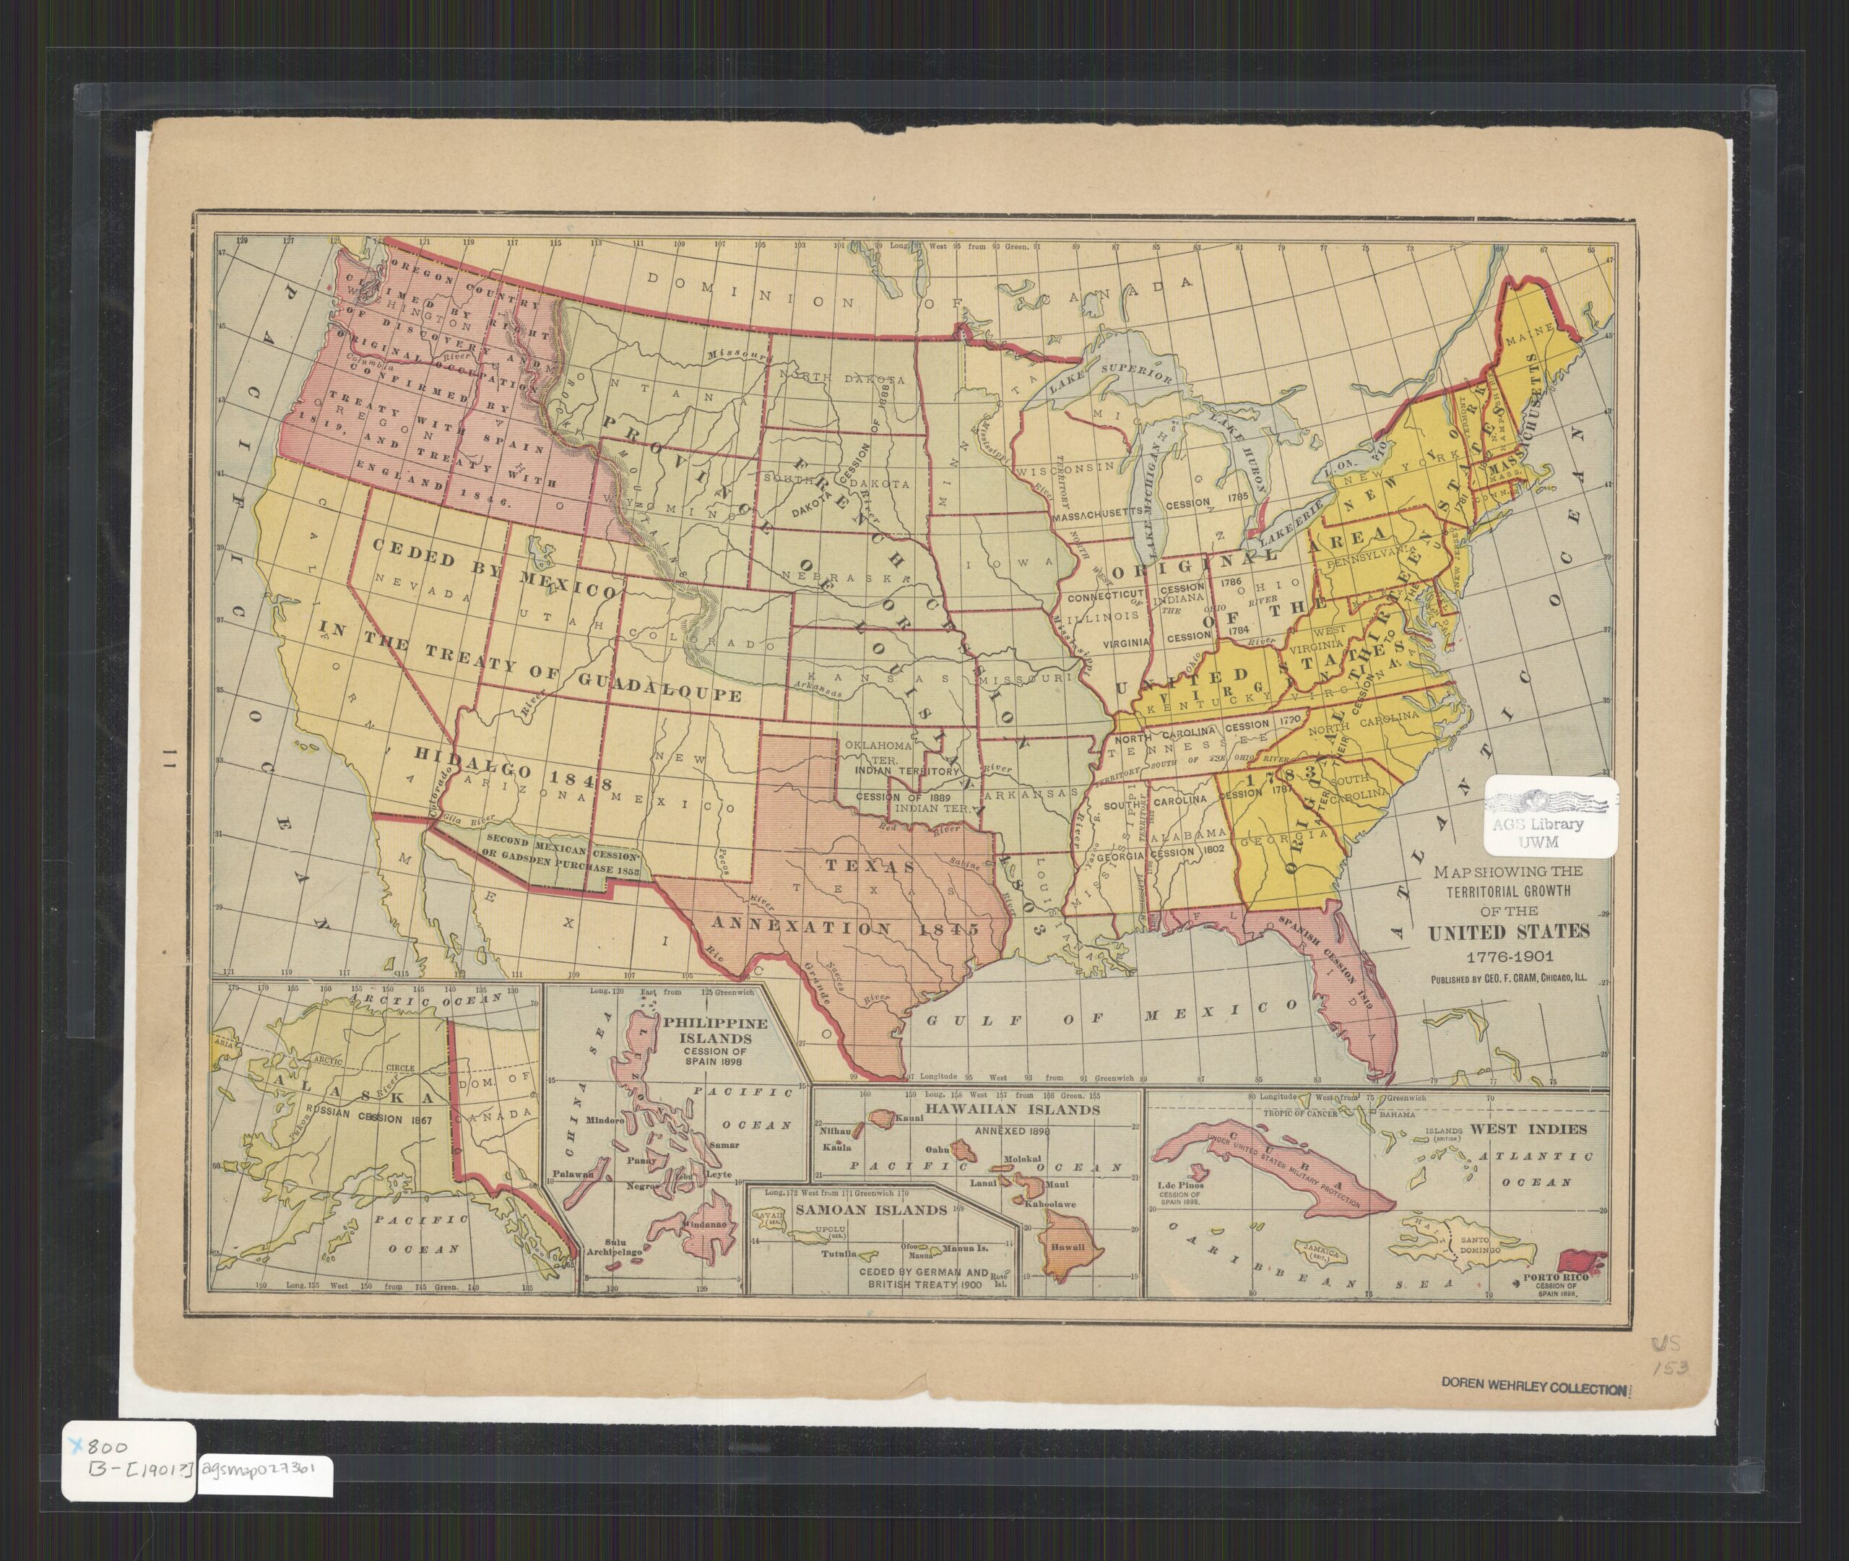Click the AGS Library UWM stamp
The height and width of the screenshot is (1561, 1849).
click(x=1551, y=817)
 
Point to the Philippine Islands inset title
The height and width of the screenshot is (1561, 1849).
click(x=715, y=1031)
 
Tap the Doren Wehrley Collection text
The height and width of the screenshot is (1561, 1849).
click(x=1534, y=1388)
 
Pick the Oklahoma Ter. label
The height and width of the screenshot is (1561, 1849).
click(x=878, y=751)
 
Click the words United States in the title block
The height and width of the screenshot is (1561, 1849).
click(x=1507, y=932)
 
